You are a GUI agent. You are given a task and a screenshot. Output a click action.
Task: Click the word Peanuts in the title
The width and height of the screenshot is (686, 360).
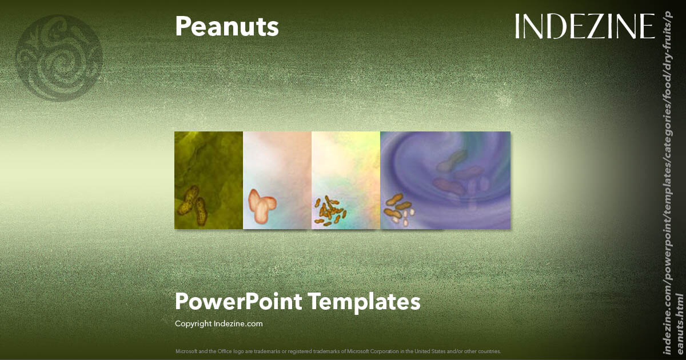pos(227,27)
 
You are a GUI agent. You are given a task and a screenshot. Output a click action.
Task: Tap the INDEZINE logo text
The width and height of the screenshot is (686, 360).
pos(585,26)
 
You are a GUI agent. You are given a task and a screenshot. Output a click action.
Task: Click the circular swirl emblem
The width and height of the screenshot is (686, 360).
pos(59,57)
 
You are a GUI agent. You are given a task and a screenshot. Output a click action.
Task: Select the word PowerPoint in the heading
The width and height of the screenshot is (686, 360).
pos(238,301)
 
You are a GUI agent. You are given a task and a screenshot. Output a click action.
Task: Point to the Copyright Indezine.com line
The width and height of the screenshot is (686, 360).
pos(219,323)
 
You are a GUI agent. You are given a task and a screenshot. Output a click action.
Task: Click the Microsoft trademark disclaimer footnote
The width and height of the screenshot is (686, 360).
pos(338,351)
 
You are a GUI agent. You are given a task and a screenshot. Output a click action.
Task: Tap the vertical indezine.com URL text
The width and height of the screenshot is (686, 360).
pos(672,189)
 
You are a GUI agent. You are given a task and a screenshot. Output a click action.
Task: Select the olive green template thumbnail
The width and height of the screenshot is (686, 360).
pos(209,180)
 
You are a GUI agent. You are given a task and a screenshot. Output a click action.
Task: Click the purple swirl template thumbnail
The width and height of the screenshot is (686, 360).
pos(445,180)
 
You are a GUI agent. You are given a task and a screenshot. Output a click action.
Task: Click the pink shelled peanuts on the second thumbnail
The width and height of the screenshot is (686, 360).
pos(262,207)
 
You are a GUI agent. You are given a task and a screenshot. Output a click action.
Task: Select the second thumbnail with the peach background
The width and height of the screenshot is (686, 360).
pos(277,180)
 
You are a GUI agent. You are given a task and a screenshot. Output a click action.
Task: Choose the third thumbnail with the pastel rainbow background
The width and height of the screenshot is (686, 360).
pos(346,180)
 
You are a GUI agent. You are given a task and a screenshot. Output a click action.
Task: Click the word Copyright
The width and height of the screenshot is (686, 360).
pos(193,323)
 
